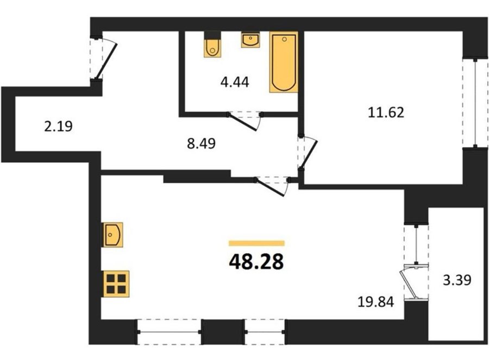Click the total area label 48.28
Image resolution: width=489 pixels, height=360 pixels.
tap(256, 261)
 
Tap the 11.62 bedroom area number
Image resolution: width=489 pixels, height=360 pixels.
tap(386, 112)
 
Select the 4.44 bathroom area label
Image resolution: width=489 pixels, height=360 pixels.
tap(235, 83)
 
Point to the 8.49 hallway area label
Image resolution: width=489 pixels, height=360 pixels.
tap(201, 144)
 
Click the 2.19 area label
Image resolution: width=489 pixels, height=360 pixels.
tap(58, 127)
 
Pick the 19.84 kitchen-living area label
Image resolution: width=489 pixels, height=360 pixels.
tap(376, 302)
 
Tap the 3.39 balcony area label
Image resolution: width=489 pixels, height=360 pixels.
tap(457, 280)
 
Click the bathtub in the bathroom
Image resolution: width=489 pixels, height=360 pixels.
tap(284, 62)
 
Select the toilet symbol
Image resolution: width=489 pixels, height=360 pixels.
tap(212, 45)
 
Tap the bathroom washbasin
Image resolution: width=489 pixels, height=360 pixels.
tap(250, 40)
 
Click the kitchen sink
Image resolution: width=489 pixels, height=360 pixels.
tap(112, 235)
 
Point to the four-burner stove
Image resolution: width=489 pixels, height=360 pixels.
tap(116, 283)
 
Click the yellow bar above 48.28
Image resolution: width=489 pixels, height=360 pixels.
tap(256, 243)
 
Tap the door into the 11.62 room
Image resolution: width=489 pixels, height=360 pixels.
tap(307, 153)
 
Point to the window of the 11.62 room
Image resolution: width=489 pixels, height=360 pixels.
tap(475, 103)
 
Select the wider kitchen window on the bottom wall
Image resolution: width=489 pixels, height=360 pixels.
tap(169, 332)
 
